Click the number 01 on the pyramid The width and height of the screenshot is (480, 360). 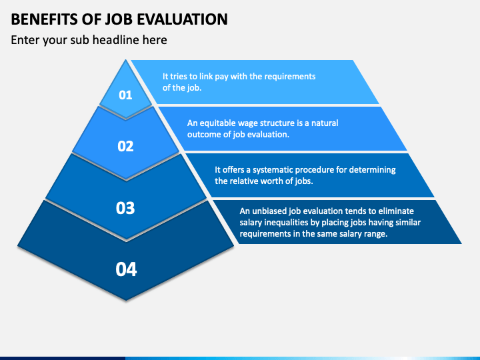[125, 95]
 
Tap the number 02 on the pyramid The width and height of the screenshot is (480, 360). [125, 146]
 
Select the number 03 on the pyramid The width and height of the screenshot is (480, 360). [125, 208]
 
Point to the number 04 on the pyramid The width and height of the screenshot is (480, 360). [126, 269]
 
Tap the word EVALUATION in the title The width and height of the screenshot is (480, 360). [182, 19]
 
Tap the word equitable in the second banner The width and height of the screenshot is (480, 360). [217, 123]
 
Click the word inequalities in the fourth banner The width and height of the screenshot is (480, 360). [285, 223]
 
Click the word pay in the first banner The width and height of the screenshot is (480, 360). [221, 77]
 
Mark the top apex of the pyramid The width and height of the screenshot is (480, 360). [125, 60]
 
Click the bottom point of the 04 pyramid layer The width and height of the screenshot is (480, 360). [126, 300]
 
